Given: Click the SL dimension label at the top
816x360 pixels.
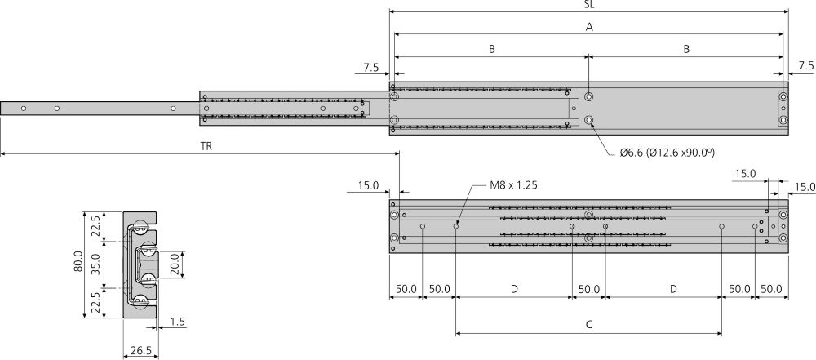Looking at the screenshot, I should click(589, 5).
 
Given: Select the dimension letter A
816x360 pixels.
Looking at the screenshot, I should click(589, 27).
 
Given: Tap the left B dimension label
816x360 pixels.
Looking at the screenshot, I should click(492, 49).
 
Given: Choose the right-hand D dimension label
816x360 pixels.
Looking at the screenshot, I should click(673, 289).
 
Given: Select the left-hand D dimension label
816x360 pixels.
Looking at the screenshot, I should click(513, 289).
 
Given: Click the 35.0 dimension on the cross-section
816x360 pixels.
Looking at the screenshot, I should click(95, 264).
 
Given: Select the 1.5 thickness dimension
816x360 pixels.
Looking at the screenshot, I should click(179, 323).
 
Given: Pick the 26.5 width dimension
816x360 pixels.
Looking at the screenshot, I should click(140, 351).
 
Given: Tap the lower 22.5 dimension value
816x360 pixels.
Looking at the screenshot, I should click(95, 304).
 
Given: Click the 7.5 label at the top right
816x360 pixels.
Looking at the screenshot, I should click(806, 65).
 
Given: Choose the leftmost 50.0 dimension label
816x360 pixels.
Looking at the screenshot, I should click(406, 289).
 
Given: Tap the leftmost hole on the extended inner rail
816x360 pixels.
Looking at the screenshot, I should click(24, 108).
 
